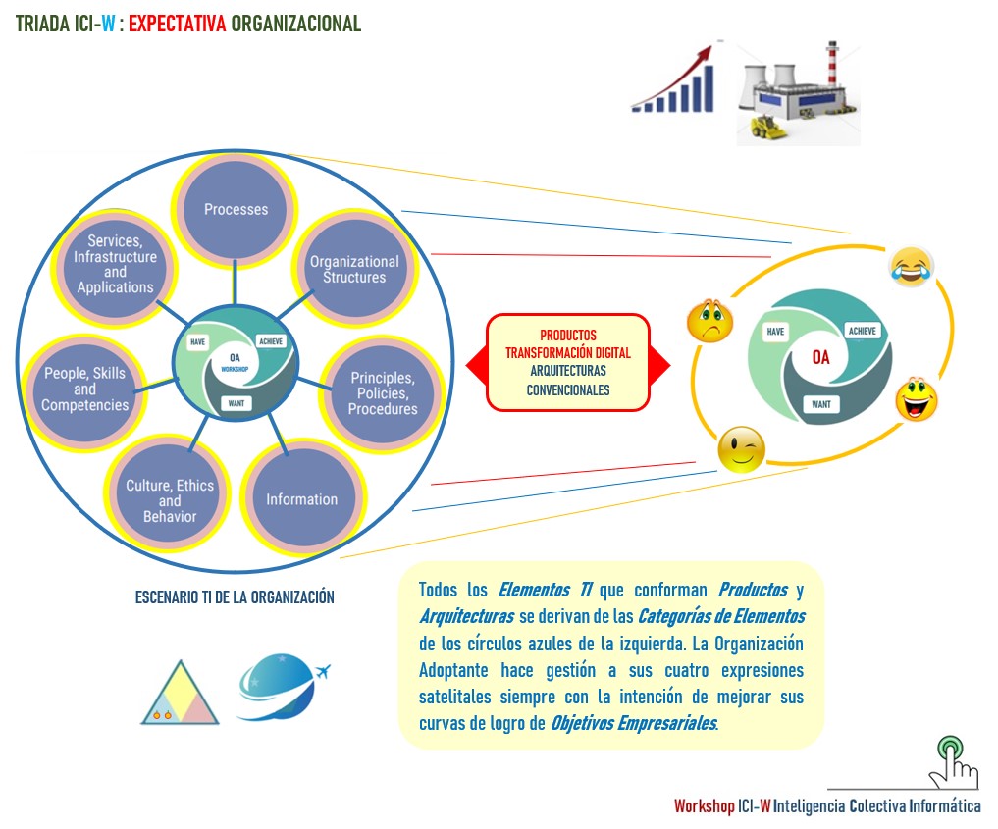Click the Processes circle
pos(236,209)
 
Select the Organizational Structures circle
pos(354,269)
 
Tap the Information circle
pos(301,499)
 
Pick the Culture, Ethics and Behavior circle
pos(170,500)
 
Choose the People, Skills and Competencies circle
pos(85,389)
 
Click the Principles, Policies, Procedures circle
pos(383,392)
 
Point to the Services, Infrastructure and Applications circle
pos(115,265)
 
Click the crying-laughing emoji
pos(911,266)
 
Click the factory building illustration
pos(797,93)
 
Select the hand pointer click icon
pos(955,760)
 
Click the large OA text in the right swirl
pos(820,358)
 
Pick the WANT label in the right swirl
pos(820,403)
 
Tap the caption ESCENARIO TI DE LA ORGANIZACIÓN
pos(235,596)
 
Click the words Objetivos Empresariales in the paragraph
pos(633,724)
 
